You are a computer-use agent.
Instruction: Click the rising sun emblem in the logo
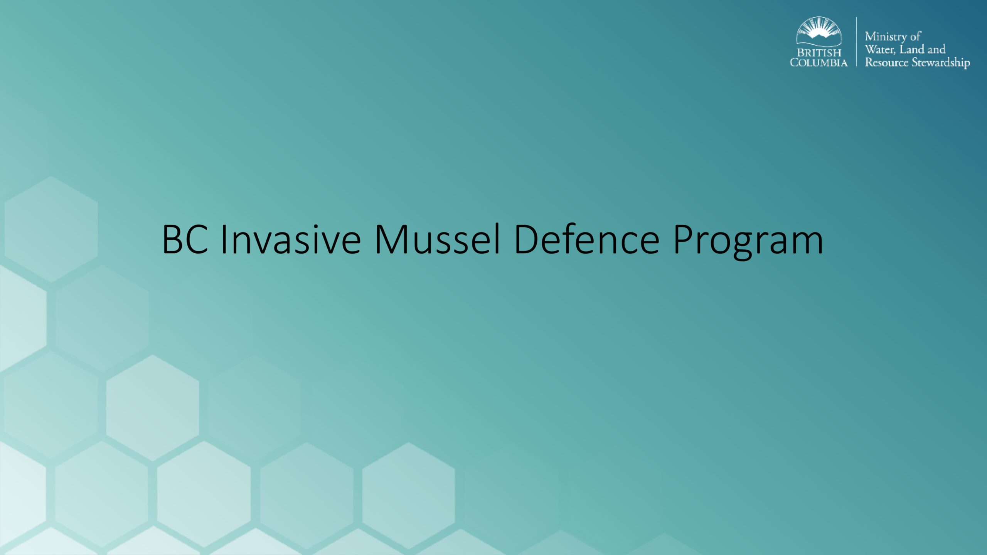click(x=819, y=32)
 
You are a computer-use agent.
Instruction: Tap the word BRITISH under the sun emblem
click(x=819, y=53)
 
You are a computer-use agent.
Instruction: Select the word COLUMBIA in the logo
click(x=819, y=62)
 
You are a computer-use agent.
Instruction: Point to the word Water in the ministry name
click(x=880, y=49)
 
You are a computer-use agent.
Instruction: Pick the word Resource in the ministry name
click(x=886, y=62)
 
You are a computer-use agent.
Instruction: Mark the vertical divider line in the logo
click(x=856, y=42)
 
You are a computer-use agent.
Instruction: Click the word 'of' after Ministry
click(x=915, y=37)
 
